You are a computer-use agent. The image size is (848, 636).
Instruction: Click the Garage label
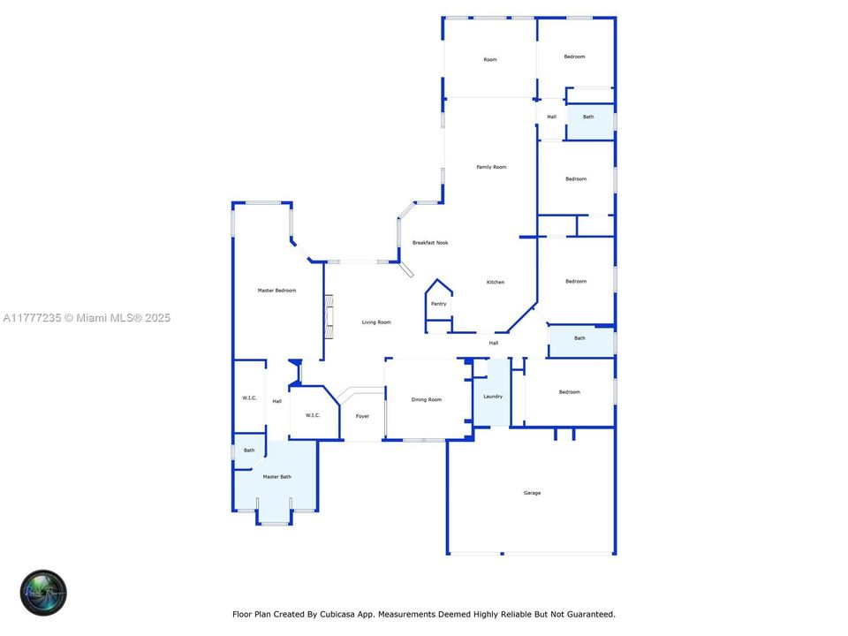[532, 493]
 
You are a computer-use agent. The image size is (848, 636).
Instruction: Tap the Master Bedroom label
[276, 291]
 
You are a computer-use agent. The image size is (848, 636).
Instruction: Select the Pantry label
[438, 304]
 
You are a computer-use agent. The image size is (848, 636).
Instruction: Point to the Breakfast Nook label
[430, 243]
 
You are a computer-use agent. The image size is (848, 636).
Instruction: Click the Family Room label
[491, 167]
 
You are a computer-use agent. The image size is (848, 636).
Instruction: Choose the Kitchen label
[496, 283]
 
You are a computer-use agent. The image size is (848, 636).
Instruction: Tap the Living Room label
[376, 322]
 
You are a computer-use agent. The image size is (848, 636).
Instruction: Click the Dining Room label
[427, 400]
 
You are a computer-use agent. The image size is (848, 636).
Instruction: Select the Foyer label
[362, 416]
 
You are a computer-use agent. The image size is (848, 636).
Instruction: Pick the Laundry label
[493, 397]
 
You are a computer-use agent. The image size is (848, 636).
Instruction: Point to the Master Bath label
[276, 477]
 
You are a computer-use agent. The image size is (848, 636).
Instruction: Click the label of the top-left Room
[489, 60]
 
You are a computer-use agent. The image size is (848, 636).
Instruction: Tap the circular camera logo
[44, 592]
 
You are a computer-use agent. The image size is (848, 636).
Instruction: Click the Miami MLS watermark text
[87, 318]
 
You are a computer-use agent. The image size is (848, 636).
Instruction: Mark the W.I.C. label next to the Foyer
[313, 416]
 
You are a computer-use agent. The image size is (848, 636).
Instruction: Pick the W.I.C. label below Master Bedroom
[249, 398]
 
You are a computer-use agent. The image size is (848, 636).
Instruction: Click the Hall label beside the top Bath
[551, 117]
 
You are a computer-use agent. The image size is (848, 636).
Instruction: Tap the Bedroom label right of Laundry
[569, 392]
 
